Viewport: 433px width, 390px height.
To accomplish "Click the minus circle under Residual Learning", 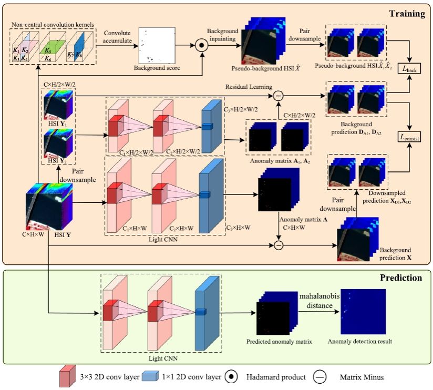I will pyautogui.click(x=279, y=95).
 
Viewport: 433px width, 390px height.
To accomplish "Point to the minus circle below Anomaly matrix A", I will pyautogui.click(x=279, y=245).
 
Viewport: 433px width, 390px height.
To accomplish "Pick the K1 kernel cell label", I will pyautogui.click(x=17, y=50).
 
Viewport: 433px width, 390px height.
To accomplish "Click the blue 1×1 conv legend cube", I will pyautogui.click(x=151, y=376).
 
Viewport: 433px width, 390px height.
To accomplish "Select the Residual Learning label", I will pyautogui.click(x=249, y=86).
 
